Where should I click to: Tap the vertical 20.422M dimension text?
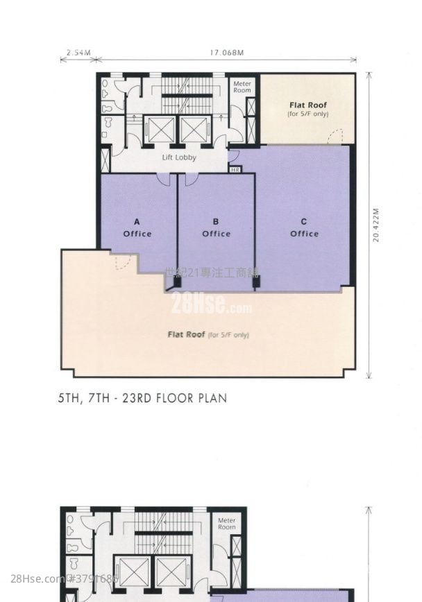[x=375, y=225]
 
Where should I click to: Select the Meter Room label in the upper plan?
[x=242, y=87]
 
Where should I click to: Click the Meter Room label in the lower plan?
[x=227, y=524]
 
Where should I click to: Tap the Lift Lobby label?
[x=179, y=157]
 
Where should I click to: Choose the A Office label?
[x=137, y=228]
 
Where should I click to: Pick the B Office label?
[x=216, y=228]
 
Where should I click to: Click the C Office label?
[x=304, y=228]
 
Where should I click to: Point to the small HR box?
[x=235, y=169]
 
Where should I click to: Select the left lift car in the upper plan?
[x=160, y=129]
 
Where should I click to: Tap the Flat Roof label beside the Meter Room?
[x=308, y=109]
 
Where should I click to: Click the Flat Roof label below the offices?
[x=208, y=334]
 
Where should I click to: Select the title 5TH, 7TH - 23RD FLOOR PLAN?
[x=143, y=399]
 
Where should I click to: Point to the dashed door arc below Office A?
[x=121, y=261]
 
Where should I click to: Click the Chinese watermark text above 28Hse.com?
[x=211, y=273]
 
